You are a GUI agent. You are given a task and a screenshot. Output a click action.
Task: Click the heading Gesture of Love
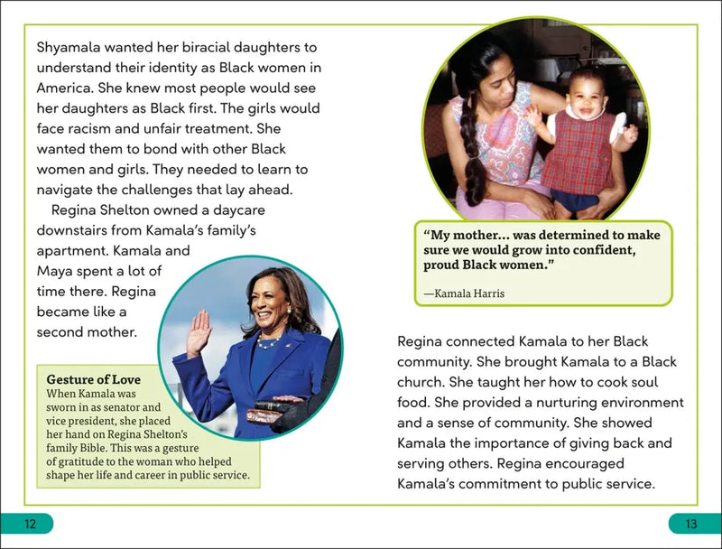pyautogui.click(x=94, y=379)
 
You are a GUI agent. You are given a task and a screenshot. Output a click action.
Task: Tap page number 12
pyautogui.click(x=30, y=524)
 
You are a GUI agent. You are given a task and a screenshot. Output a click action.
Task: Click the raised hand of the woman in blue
pyautogui.click(x=199, y=333)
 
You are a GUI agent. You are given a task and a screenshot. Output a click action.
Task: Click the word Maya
pyautogui.click(x=54, y=271)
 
